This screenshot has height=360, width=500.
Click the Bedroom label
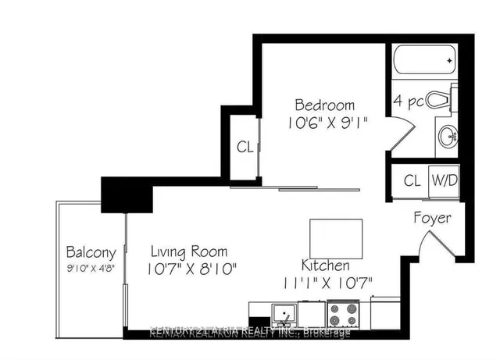click(x=324, y=105)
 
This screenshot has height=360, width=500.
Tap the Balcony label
click(x=91, y=252)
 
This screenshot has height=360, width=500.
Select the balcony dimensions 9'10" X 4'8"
click(x=91, y=269)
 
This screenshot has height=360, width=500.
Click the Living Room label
click(x=189, y=251)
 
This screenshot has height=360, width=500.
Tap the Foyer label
click(x=432, y=218)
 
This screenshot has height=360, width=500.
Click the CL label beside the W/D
click(x=412, y=180)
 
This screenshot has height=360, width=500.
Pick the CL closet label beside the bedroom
click(x=245, y=145)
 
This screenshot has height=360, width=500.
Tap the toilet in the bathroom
click(x=441, y=101)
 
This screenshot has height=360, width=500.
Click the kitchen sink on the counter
click(x=280, y=314)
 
